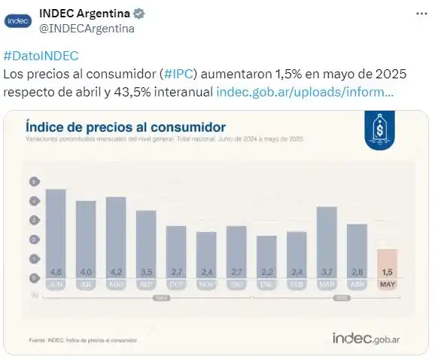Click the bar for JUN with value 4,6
(x=56, y=233)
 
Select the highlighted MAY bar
(x=388, y=264)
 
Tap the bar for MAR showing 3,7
(x=327, y=243)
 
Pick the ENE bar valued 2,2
(x=266, y=257)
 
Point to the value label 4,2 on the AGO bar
(x=116, y=271)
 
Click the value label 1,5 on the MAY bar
(x=388, y=271)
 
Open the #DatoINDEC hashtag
(x=41, y=56)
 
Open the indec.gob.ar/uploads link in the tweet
(x=305, y=92)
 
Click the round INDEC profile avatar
(x=18, y=20)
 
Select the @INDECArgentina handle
(x=87, y=29)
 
